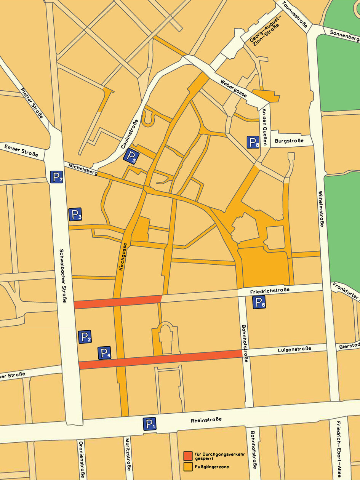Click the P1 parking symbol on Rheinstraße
(x=150, y=424)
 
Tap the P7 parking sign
(x=56, y=177)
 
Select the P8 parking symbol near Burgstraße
(x=253, y=142)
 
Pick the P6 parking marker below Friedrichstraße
(x=259, y=303)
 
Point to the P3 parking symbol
(x=75, y=214)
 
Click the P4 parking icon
(x=104, y=353)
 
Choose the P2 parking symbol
(x=85, y=337)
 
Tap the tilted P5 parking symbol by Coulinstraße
(x=131, y=156)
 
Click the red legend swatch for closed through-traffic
(x=187, y=456)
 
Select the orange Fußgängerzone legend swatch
(x=187, y=466)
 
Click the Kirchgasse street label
(x=123, y=257)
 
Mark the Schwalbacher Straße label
(x=63, y=277)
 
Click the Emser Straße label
(x=21, y=150)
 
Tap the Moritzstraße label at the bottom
(x=128, y=458)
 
